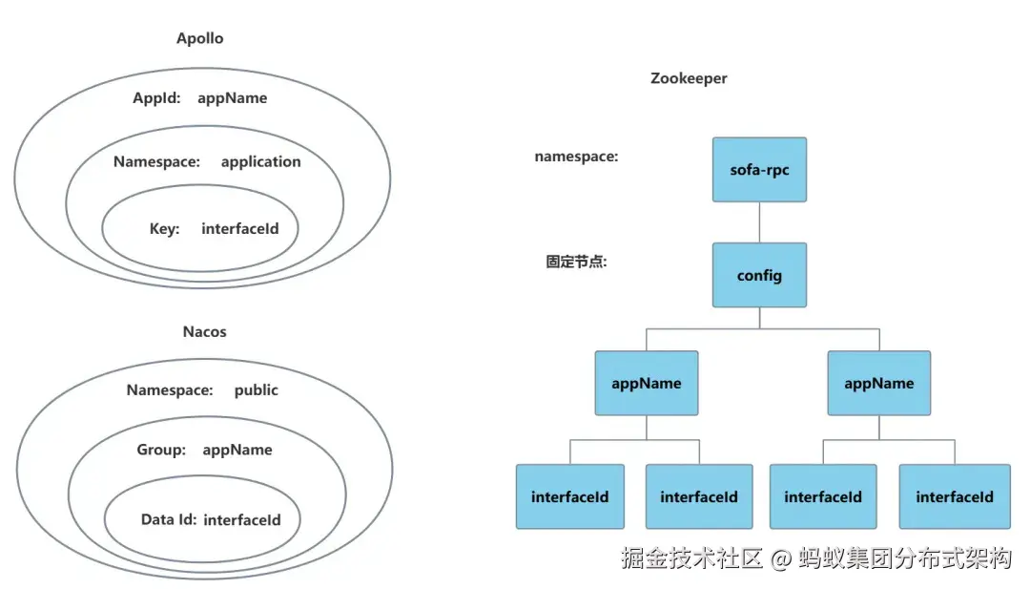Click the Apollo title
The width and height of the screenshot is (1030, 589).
pyautogui.click(x=200, y=39)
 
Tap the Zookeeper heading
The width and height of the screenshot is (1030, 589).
pyautogui.click(x=689, y=78)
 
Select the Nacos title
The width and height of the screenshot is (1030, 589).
pyautogui.click(x=204, y=332)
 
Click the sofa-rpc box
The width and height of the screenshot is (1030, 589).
pyautogui.click(x=759, y=170)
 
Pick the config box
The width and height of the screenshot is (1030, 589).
pyautogui.click(x=759, y=275)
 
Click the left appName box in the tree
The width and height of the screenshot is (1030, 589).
pyautogui.click(x=647, y=383)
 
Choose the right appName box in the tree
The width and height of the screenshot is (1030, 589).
pyautogui.click(x=878, y=383)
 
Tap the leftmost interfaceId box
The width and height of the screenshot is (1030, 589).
pyautogui.click(x=569, y=496)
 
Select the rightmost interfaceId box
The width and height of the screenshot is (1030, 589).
pyautogui.click(x=954, y=496)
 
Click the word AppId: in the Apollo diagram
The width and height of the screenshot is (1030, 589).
pyautogui.click(x=156, y=97)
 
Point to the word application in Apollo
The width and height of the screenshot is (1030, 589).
pyautogui.click(x=260, y=161)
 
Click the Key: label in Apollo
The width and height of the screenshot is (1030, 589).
pyautogui.click(x=164, y=228)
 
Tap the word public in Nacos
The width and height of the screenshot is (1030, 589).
pyautogui.click(x=257, y=389)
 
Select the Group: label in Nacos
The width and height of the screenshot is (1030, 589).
pyautogui.click(x=161, y=450)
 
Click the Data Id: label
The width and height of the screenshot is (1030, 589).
pyautogui.click(x=169, y=519)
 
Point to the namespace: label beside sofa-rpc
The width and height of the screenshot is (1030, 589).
pyautogui.click(x=576, y=157)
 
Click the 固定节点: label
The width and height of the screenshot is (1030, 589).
pyautogui.click(x=576, y=262)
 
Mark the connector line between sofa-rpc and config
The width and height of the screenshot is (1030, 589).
pyautogui.click(x=759, y=222)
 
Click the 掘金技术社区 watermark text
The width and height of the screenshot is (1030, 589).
pyautogui.click(x=691, y=558)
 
